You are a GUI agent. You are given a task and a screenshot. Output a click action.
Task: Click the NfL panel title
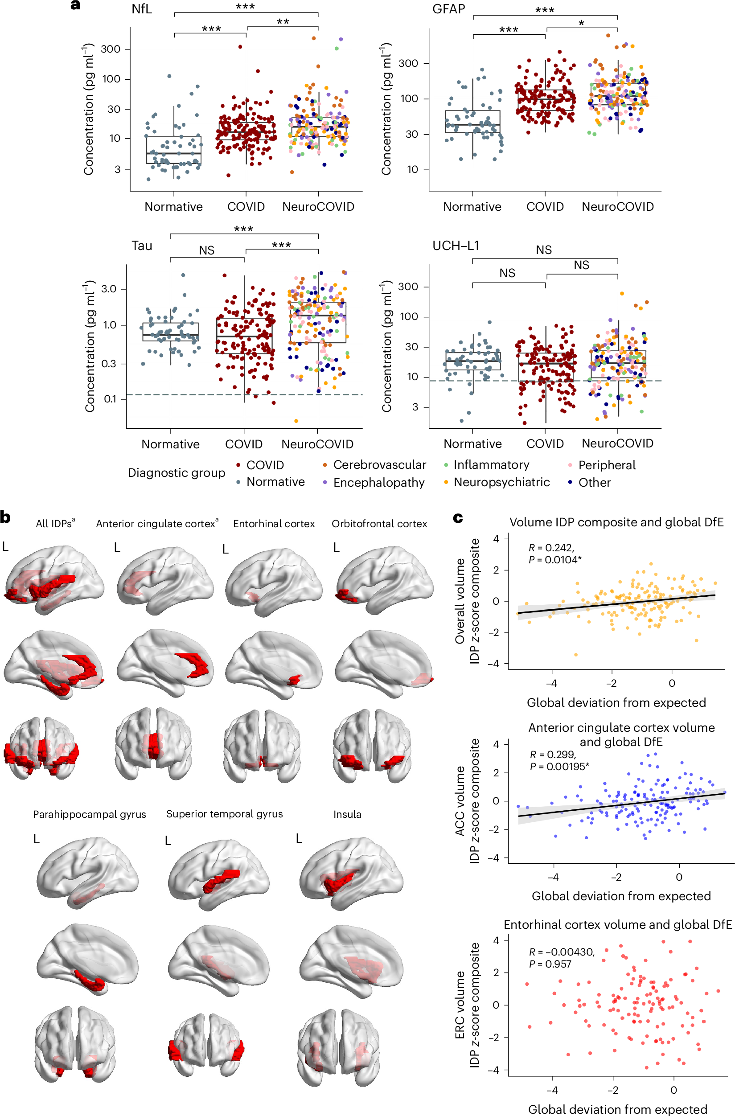click(142, 9)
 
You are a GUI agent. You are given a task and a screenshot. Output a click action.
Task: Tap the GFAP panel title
click(448, 9)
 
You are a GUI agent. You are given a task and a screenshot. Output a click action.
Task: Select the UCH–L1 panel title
click(456, 246)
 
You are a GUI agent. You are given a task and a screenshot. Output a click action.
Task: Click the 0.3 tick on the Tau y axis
click(108, 364)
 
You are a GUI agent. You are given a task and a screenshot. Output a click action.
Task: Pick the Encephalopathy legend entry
click(378, 483)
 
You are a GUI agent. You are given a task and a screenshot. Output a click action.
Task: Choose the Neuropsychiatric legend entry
click(501, 482)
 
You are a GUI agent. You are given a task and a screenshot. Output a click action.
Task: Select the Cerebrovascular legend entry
click(379, 465)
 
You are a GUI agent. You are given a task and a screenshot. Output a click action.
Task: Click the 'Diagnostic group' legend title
click(177, 473)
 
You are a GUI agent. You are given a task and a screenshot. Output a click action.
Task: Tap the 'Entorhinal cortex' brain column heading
click(274, 524)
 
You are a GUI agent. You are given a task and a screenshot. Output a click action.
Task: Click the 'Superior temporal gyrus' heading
click(224, 814)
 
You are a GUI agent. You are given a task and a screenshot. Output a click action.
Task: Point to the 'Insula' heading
click(347, 814)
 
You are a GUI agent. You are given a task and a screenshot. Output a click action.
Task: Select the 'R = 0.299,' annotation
click(552, 755)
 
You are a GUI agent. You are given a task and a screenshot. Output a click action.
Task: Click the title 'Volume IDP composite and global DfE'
click(616, 522)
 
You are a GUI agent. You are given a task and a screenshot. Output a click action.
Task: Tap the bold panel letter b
click(6, 518)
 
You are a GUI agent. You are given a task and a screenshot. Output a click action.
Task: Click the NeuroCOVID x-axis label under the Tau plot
click(317, 444)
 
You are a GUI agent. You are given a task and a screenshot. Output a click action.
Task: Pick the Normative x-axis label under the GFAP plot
click(472, 207)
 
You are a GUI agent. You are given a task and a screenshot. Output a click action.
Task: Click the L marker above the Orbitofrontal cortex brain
click(337, 547)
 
